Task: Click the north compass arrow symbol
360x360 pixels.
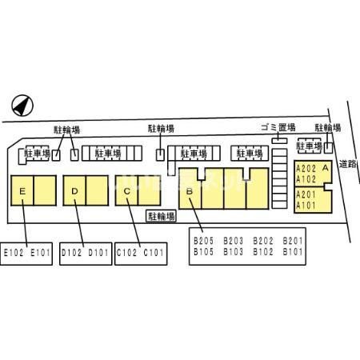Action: pos(22,106)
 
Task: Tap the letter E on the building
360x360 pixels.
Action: pos(22,191)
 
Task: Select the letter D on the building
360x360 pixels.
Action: pos(74,191)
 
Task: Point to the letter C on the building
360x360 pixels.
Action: pos(127,191)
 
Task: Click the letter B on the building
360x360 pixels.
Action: pos(190,191)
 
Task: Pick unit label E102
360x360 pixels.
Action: pos(14,253)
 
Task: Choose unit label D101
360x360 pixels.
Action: pos(98,253)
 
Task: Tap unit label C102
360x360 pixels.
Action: pos(126,253)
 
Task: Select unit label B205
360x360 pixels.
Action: pos(203,241)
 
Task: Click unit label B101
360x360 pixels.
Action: pos(293,252)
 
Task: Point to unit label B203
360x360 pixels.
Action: pos(233,241)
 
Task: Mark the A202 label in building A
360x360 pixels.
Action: pos(306,169)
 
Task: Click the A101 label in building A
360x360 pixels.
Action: pos(306,206)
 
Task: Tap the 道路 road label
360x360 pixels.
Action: pos(348,164)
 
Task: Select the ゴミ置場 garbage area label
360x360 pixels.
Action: pos(278,127)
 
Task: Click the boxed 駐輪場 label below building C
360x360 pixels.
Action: pos(161,216)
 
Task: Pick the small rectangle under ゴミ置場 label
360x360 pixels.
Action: pos(279,141)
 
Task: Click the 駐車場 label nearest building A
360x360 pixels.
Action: pos(310,146)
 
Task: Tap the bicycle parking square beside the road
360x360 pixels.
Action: pos(329,148)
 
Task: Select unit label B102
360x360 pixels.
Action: pos(263,252)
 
